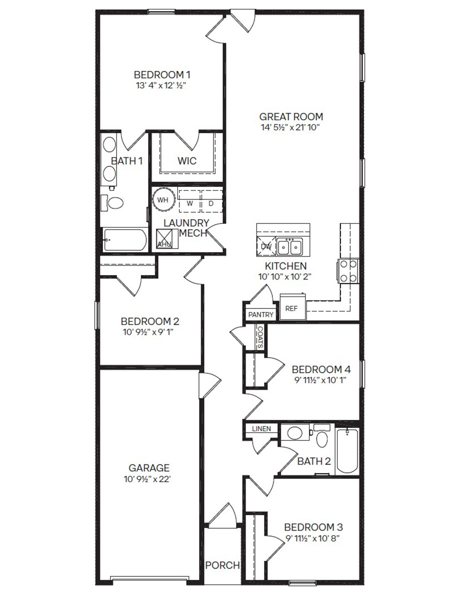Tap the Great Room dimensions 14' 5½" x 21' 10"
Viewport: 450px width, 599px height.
click(290, 127)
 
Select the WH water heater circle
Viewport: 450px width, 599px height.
click(163, 200)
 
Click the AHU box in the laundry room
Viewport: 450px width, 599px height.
click(164, 239)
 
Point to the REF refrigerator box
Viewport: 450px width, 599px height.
click(291, 308)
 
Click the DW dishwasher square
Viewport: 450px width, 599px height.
click(266, 246)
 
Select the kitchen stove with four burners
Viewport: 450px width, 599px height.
click(348, 271)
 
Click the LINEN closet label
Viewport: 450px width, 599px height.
click(261, 428)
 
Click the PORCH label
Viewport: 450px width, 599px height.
click(222, 566)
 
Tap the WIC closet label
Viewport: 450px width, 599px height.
click(187, 161)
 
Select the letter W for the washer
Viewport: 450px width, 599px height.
click(190, 203)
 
